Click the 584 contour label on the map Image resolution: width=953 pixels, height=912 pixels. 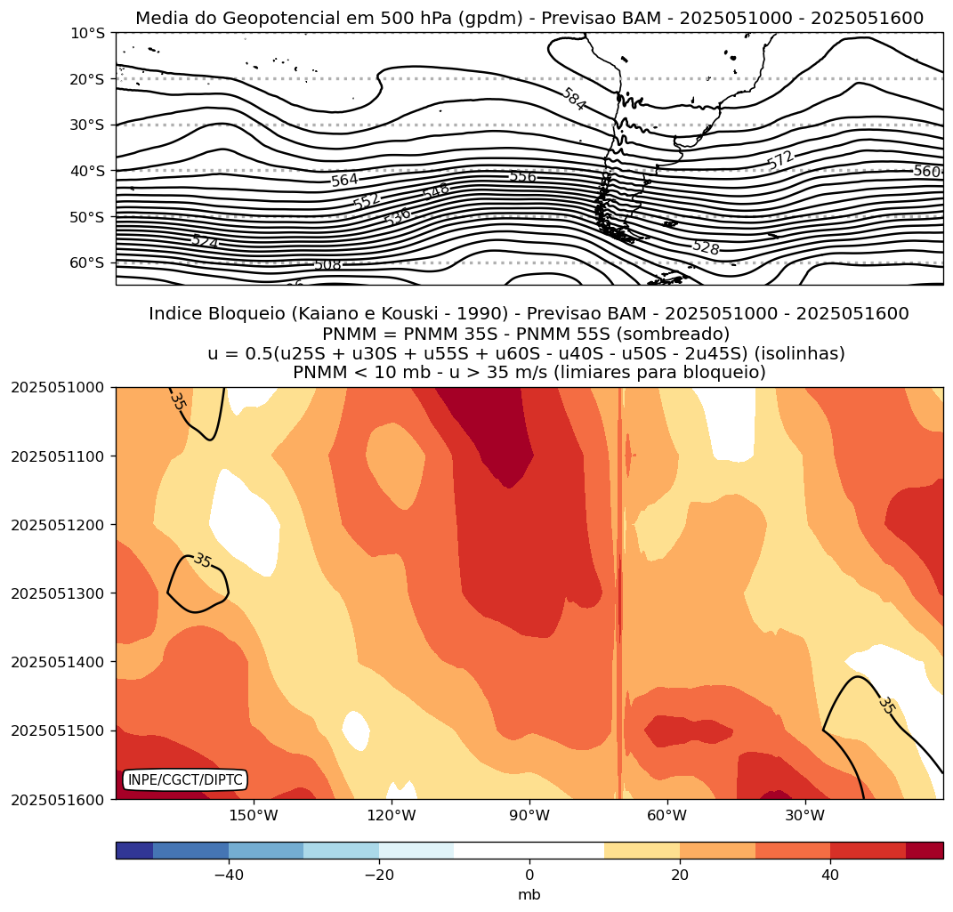click(574, 99)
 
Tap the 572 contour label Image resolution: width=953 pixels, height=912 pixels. click(780, 160)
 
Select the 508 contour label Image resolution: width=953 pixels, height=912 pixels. click(327, 265)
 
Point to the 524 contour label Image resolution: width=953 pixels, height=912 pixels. click(205, 241)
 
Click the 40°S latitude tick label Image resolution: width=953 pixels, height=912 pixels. click(86, 170)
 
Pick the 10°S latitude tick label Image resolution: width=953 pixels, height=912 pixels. click(86, 33)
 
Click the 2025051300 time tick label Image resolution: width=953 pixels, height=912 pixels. click(58, 593)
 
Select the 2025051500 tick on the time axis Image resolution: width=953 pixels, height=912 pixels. click(58, 730)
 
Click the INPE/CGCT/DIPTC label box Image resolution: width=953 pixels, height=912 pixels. click(185, 780)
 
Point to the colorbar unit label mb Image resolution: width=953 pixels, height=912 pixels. click(529, 894)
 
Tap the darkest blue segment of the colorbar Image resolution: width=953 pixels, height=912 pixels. click(133, 851)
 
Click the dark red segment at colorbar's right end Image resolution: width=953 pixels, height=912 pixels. click(925, 851)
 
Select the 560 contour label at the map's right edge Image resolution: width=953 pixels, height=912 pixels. click(926, 171)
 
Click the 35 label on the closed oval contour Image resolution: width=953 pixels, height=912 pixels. click(203, 561)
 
